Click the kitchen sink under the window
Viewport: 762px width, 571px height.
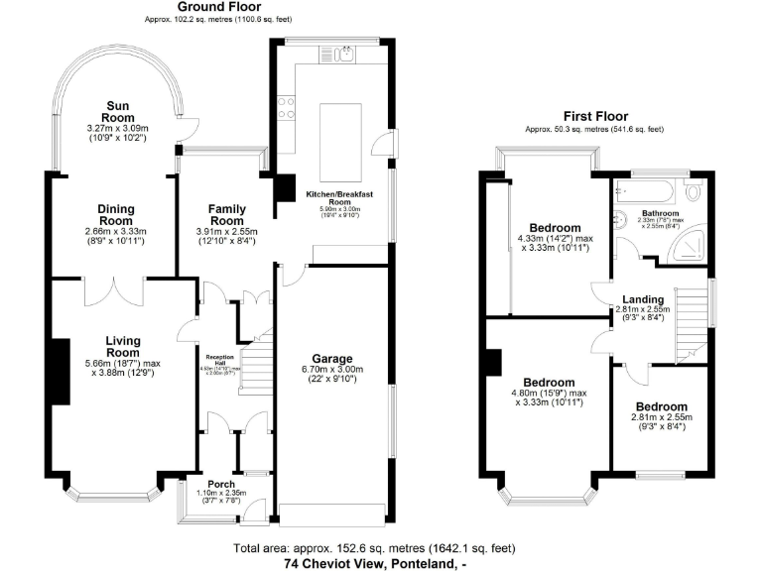click(343, 56)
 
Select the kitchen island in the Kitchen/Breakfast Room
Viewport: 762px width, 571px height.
click(332, 133)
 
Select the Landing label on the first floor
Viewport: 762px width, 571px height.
click(643, 298)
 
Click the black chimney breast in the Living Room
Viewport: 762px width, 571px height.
click(60, 365)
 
